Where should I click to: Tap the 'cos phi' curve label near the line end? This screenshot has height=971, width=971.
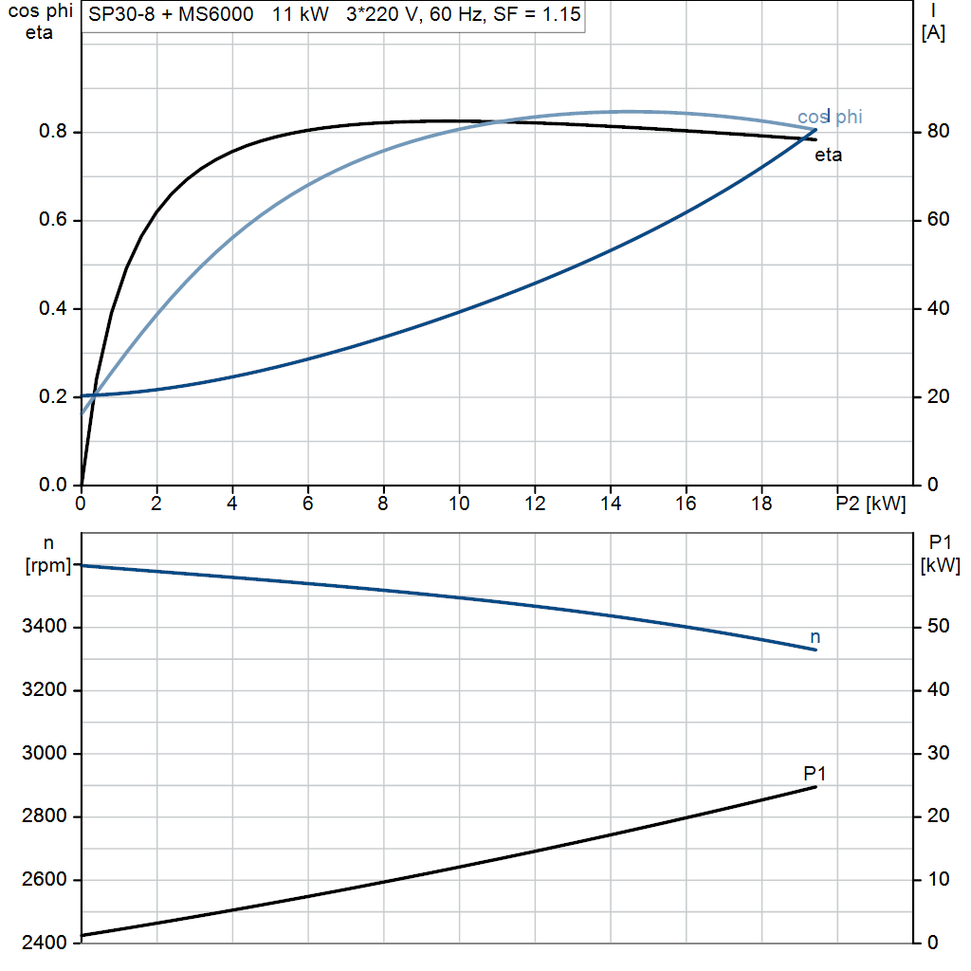point(830,117)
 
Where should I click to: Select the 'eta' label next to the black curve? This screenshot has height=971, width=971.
point(828,156)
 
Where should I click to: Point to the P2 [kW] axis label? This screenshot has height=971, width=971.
point(870,504)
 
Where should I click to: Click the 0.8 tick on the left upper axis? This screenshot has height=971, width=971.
point(53,132)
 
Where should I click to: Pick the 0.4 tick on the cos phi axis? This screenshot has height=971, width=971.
point(53,308)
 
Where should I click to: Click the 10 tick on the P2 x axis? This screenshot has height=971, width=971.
point(459,504)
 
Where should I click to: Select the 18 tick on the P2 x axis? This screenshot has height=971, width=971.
point(761,504)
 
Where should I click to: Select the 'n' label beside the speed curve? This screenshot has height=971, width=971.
point(815,636)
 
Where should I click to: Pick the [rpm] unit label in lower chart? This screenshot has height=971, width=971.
point(42,565)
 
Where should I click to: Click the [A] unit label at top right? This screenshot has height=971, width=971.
point(933,33)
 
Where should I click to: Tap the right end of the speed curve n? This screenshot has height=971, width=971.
point(815,650)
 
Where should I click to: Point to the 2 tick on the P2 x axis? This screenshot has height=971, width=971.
point(156,504)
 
